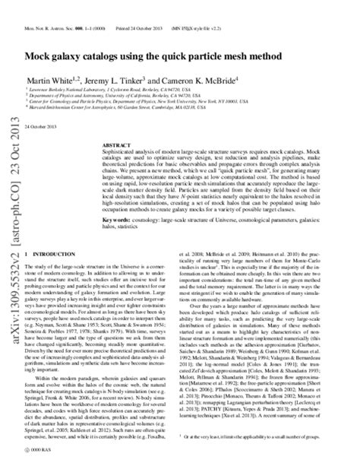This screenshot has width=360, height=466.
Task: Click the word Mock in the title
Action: pyautogui.click(x=43, y=58)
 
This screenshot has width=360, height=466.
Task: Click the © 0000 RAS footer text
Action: pyautogui.click(x=36, y=452)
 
